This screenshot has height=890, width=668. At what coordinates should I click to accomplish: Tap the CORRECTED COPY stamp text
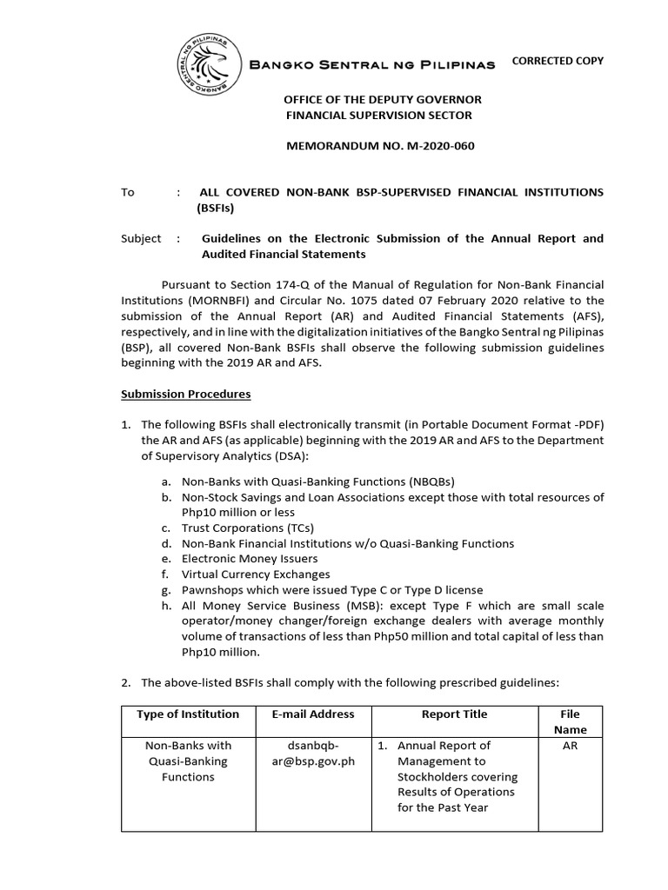coord(557,61)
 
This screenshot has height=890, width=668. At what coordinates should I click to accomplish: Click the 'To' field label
coord(128,192)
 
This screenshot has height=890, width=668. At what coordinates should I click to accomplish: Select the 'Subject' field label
coord(141,239)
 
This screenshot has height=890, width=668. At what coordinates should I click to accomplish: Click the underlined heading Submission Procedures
coord(185,394)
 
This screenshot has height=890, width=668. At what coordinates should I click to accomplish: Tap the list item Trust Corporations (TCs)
coord(247,528)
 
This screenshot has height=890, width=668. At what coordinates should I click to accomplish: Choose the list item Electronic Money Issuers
coord(250,559)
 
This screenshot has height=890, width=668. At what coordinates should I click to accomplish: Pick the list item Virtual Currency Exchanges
coord(256,575)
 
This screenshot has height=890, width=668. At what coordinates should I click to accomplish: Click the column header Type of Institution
coord(188,714)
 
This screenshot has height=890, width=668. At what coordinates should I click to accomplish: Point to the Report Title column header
coord(454,714)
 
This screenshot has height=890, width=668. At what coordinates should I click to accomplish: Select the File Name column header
coord(570,721)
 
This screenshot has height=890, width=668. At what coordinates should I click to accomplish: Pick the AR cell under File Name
coord(570,746)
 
